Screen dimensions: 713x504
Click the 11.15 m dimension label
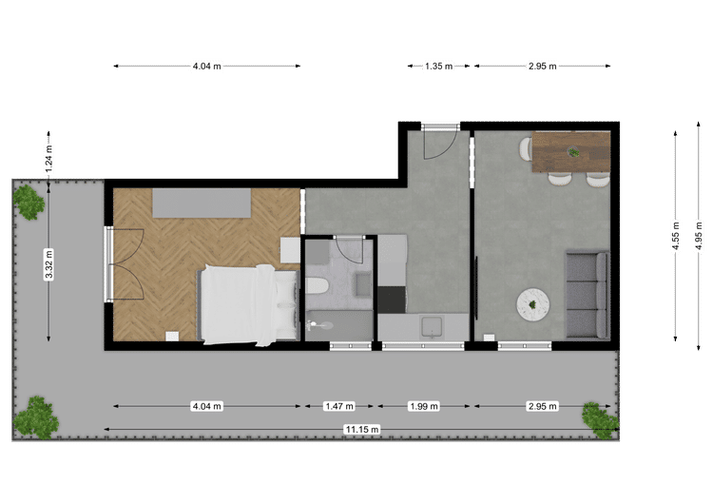click(362, 430)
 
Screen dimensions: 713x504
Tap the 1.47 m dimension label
click(339, 406)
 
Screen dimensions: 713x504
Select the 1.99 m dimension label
click(424, 406)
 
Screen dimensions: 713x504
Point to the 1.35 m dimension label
click(439, 66)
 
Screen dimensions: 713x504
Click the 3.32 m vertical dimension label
click(49, 264)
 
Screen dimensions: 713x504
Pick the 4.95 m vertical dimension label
click(699, 235)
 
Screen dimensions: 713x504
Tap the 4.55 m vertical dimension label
click(676, 235)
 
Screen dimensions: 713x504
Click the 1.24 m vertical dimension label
click(49, 158)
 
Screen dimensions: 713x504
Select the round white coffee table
click(532, 304)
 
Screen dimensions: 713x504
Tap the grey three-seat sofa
click(588, 295)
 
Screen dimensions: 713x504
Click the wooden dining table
click(571, 152)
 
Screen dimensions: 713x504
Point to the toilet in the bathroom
click(317, 286)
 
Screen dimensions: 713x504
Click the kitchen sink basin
click(431, 327)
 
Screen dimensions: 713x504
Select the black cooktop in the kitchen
click(392, 300)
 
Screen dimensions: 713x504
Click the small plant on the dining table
click(574, 152)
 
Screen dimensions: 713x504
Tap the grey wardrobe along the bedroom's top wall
click(202, 203)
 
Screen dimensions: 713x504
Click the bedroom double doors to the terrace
click(125, 264)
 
